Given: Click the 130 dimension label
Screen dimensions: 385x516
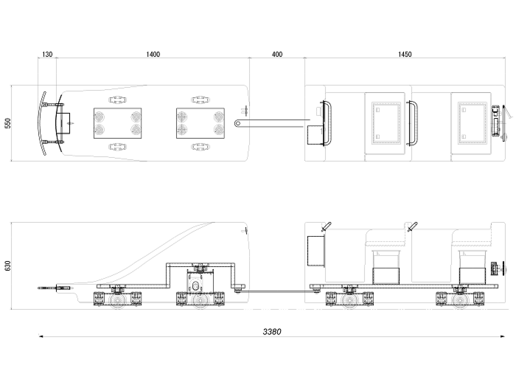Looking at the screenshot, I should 47,55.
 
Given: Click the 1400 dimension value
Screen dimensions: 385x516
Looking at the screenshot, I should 153,55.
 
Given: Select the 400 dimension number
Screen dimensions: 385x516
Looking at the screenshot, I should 277,55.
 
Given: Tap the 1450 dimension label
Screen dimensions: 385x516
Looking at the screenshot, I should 405,55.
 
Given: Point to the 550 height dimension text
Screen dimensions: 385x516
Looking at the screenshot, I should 8,123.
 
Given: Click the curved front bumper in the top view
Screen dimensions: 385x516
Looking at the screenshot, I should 46,124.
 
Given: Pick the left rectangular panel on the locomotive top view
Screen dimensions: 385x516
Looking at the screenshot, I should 118,123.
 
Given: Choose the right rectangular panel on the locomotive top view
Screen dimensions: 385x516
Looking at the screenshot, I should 201,123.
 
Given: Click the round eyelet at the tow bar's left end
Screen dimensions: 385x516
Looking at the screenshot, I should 238,123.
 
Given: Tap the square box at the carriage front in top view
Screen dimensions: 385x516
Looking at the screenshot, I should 316,134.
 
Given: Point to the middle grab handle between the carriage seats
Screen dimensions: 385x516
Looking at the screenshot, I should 414,122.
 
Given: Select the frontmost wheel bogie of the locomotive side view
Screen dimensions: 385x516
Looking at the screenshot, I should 116,299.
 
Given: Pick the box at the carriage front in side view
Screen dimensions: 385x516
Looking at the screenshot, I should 317,252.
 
